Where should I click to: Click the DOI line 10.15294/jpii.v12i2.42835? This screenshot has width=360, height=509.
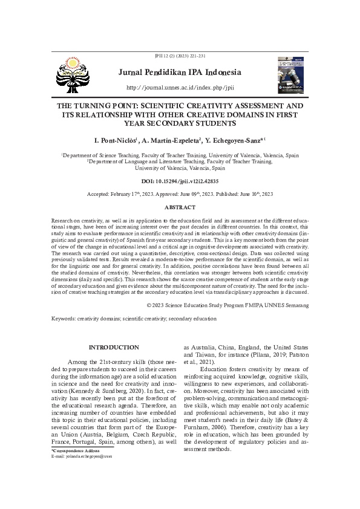click(x=180, y=181)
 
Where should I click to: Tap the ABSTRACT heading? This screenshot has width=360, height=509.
click(x=180, y=207)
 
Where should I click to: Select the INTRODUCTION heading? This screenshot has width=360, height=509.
click(x=114, y=348)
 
